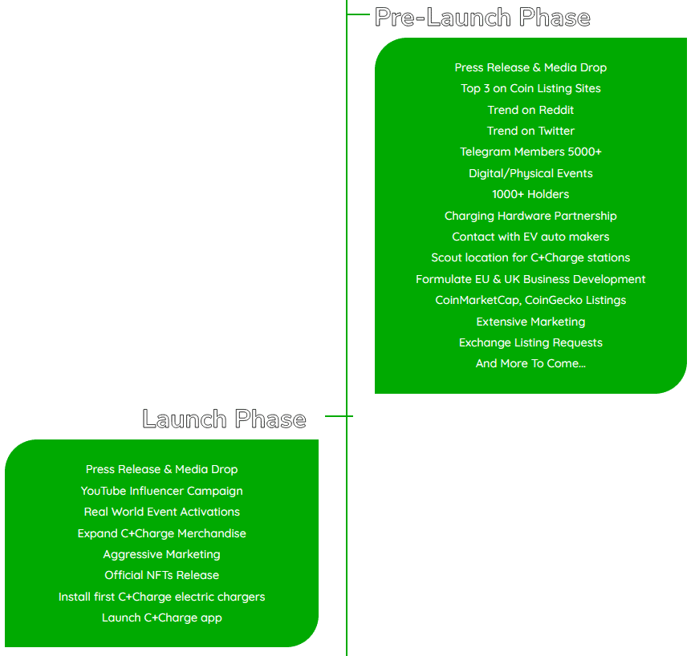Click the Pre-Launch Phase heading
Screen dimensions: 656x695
tap(482, 18)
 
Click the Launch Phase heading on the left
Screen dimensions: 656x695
tap(224, 419)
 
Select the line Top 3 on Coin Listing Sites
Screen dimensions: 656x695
tap(530, 88)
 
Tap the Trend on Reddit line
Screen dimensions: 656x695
tap(530, 110)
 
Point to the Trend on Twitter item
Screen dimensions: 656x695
tap(530, 131)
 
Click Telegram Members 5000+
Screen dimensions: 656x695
tap(530, 152)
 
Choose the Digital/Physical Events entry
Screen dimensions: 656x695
tap(530, 173)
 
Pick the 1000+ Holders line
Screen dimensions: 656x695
tap(530, 194)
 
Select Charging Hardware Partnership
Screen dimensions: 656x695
tap(530, 216)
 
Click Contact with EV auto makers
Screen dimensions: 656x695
tap(530, 237)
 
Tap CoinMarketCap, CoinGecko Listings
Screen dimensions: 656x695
tap(530, 300)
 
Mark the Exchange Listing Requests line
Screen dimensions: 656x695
tap(530, 342)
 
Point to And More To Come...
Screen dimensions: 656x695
tap(530, 363)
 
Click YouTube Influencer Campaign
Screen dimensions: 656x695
tap(161, 491)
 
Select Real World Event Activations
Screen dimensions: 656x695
tap(161, 512)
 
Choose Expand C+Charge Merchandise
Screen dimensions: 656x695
tap(161, 533)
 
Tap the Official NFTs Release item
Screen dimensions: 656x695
tap(161, 575)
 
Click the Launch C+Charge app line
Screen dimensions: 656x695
tap(161, 618)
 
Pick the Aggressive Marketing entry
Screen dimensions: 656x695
tap(161, 554)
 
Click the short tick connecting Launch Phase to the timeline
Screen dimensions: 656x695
tap(337, 416)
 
